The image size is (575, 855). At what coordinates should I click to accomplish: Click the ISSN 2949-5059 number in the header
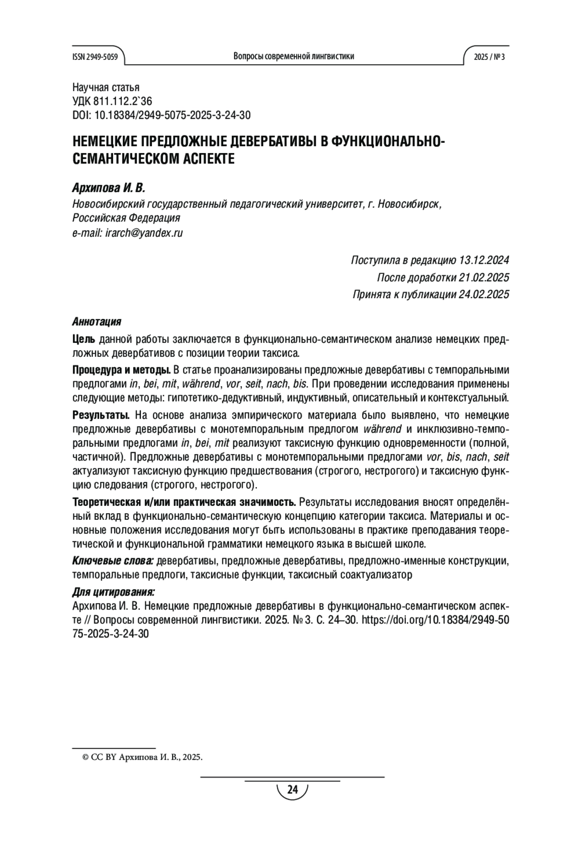94,57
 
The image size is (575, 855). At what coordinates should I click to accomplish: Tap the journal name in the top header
294,56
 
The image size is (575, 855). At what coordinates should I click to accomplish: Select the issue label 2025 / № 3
489,57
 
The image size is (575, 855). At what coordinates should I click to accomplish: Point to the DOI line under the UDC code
161,115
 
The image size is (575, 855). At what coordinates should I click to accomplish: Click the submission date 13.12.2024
484,260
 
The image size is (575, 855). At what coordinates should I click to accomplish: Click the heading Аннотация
96,321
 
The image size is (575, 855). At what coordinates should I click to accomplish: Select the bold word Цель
84,340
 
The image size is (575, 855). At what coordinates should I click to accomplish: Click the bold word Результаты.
101,415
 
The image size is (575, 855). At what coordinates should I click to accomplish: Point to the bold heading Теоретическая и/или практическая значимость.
184,502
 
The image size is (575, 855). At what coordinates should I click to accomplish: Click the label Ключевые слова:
113,561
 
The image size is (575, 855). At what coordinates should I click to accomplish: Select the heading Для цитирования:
113,591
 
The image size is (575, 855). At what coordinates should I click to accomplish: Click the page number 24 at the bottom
292,790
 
